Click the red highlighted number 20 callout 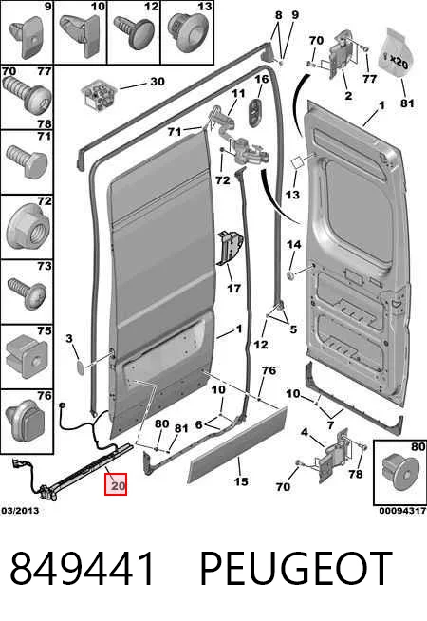click(116, 484)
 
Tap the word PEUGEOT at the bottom click(296, 569)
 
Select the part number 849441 click(83, 569)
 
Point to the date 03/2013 click(20, 511)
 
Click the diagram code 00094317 click(402, 511)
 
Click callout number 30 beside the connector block click(158, 82)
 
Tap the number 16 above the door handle click(261, 80)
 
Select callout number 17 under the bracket click(233, 288)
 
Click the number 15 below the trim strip click(241, 481)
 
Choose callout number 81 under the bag click(407, 103)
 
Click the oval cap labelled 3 click(81, 367)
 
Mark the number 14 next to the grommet click(293, 244)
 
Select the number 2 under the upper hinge click(348, 96)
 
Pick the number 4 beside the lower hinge click(304, 432)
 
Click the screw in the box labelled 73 click(27, 292)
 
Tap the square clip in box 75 click(27, 356)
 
